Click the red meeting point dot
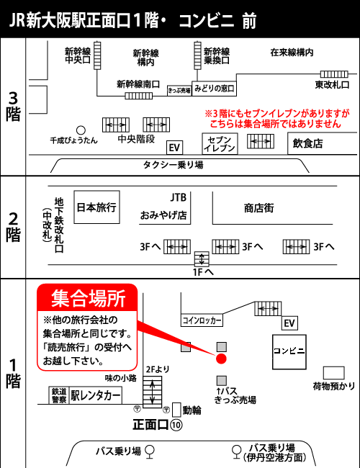pyautogui.click(x=221, y=359)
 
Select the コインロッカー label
pyautogui.click(x=202, y=320)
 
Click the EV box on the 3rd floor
pyautogui.click(x=175, y=148)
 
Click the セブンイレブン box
pyautogui.click(x=220, y=143)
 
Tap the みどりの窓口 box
pyautogui.click(x=214, y=89)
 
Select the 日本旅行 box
pyautogui.click(x=96, y=207)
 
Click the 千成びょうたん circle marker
pyautogui.click(x=81, y=130)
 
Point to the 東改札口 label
pyautogui.click(x=332, y=85)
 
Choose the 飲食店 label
pyautogui.click(x=307, y=143)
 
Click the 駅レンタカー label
pyautogui.click(x=96, y=396)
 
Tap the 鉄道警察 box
pyautogui.click(x=59, y=395)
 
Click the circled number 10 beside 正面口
pyautogui.click(x=176, y=425)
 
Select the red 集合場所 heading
pyautogui.click(x=89, y=299)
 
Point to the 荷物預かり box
pyautogui.click(x=334, y=373)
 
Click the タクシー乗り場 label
pyautogui.click(x=174, y=165)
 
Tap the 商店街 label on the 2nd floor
pyautogui.click(x=258, y=208)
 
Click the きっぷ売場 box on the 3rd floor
pyautogui.click(x=179, y=90)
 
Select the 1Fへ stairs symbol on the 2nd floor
pyautogui.click(x=202, y=258)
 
